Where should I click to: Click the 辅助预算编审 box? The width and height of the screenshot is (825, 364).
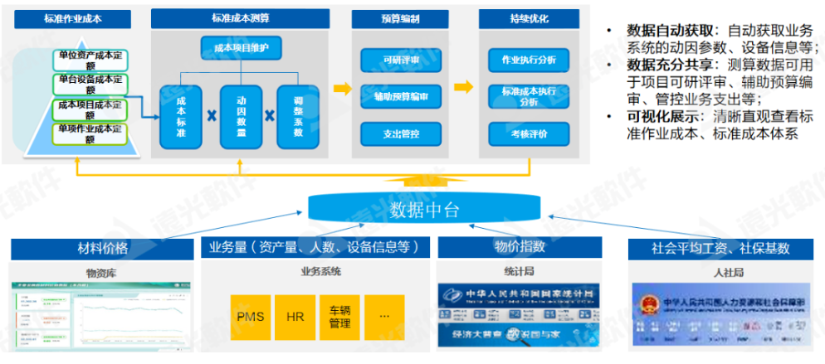[395, 96]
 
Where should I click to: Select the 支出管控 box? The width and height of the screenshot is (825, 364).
[395, 133]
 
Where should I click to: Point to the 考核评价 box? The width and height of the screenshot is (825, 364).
[523, 133]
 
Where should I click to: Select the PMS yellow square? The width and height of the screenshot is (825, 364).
[251, 316]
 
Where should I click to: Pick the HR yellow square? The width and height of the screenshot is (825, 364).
[295, 316]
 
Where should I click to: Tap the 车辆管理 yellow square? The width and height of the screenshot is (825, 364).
[339, 316]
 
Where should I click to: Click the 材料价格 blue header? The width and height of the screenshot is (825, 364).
[103, 247]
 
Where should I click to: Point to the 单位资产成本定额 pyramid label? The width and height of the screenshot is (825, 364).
[93, 59]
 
